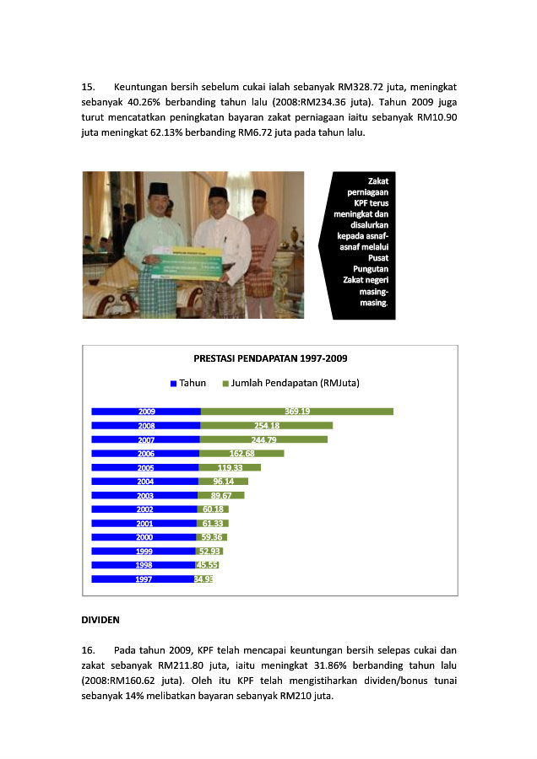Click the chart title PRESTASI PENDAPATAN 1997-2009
(270, 358)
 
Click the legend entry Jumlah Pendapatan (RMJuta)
(290, 383)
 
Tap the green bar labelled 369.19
(297, 412)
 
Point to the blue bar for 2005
(145, 467)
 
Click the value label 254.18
(267, 426)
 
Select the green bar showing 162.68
(242, 454)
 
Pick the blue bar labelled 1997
(143, 579)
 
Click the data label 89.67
(221, 495)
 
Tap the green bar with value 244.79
(264, 439)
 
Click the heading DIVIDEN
(100, 620)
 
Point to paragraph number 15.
(88, 87)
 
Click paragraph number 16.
(88, 650)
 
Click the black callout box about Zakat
(363, 245)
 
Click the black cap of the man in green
(159, 189)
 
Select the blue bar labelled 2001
(144, 523)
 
